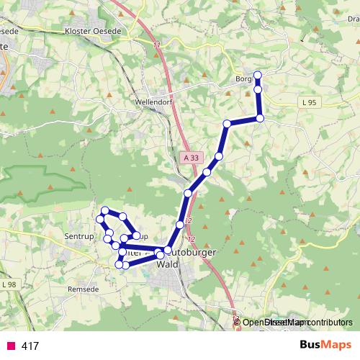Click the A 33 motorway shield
191,157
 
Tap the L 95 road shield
310,103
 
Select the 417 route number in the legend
30,346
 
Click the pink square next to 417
11,346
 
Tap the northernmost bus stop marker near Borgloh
258,76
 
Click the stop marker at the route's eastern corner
260,118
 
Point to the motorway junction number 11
156,45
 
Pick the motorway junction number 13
235,318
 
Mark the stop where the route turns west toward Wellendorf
227,124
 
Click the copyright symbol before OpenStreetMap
238,323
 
